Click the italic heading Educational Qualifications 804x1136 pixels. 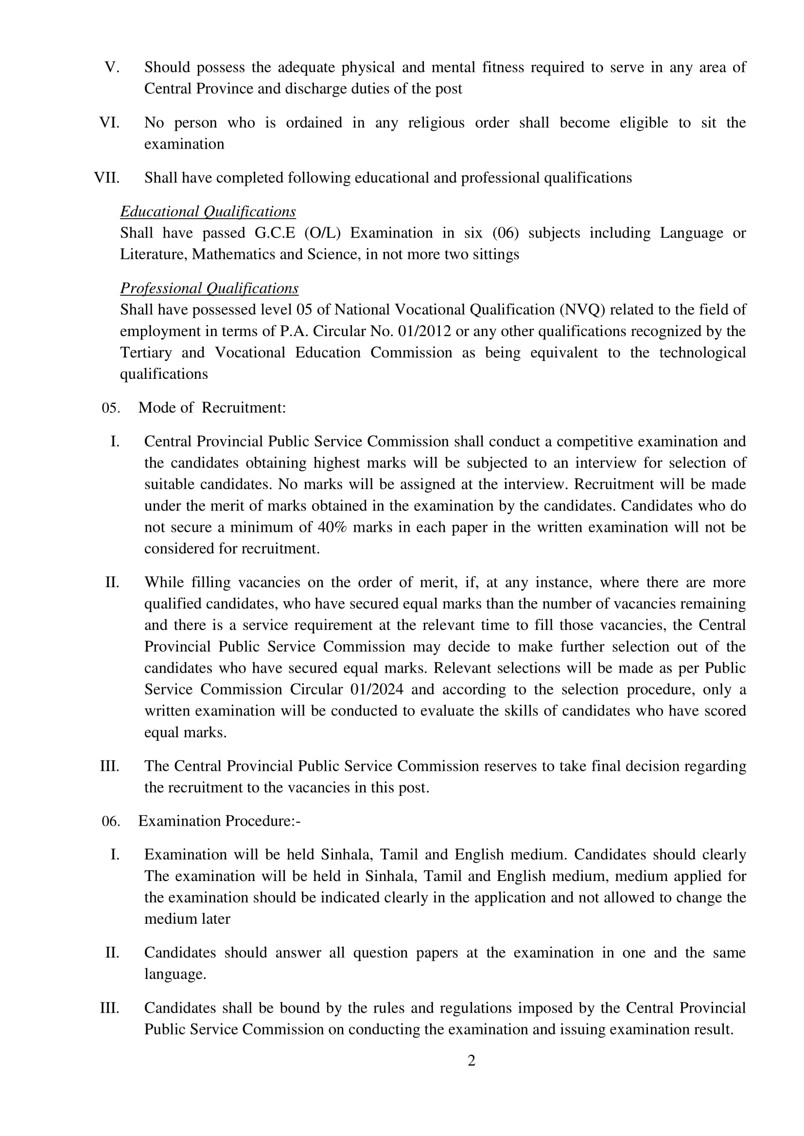[208, 212]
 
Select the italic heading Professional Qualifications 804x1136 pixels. [209, 288]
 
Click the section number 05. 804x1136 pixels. [111, 408]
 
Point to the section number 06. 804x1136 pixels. [111, 821]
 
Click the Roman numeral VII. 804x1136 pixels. [107, 178]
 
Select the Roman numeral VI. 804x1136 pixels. [109, 123]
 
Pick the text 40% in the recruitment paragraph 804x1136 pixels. [332, 527]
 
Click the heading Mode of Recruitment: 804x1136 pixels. [212, 408]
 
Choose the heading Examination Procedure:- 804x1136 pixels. [219, 821]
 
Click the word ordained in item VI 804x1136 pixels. [314, 123]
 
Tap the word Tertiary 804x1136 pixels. [146, 353]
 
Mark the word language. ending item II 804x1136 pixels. [175, 975]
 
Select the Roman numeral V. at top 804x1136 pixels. [112, 68]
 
